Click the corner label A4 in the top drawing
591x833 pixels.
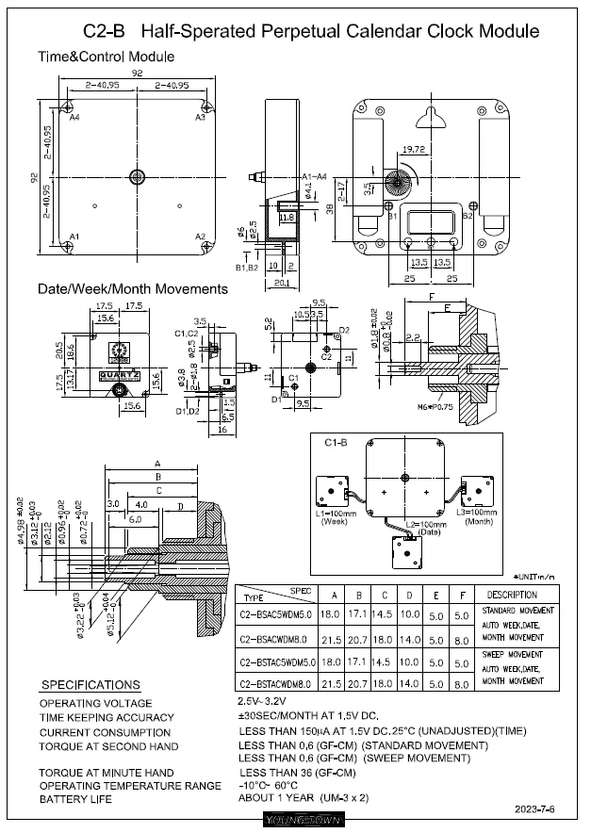click(74, 118)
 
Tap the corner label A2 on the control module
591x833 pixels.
click(200, 236)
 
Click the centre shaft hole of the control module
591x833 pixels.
click(139, 176)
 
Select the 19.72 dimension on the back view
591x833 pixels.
click(414, 150)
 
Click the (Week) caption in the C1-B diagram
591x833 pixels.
click(334, 521)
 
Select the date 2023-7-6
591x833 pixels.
click(536, 808)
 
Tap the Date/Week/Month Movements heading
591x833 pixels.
click(132, 288)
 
